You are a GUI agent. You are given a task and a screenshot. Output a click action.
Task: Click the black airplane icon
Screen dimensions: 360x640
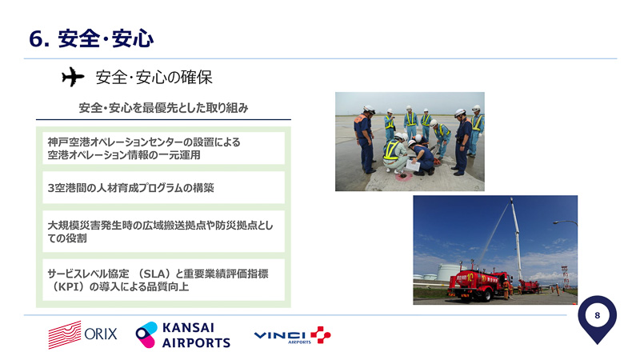point(72,78)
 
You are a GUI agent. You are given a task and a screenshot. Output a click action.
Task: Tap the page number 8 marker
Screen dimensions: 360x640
point(597,318)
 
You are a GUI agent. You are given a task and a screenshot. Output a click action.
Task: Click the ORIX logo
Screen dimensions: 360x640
point(82,334)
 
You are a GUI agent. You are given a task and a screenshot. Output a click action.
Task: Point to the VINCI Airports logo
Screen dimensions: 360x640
point(291,334)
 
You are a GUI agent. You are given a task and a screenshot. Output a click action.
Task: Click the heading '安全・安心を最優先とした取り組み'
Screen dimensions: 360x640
point(163,107)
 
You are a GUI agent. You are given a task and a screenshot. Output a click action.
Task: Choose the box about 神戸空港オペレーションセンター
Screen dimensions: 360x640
point(161,148)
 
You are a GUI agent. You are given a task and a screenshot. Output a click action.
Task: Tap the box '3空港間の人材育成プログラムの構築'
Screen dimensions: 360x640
point(161,188)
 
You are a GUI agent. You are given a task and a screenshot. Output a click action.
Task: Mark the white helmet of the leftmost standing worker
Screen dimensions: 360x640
point(367,110)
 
